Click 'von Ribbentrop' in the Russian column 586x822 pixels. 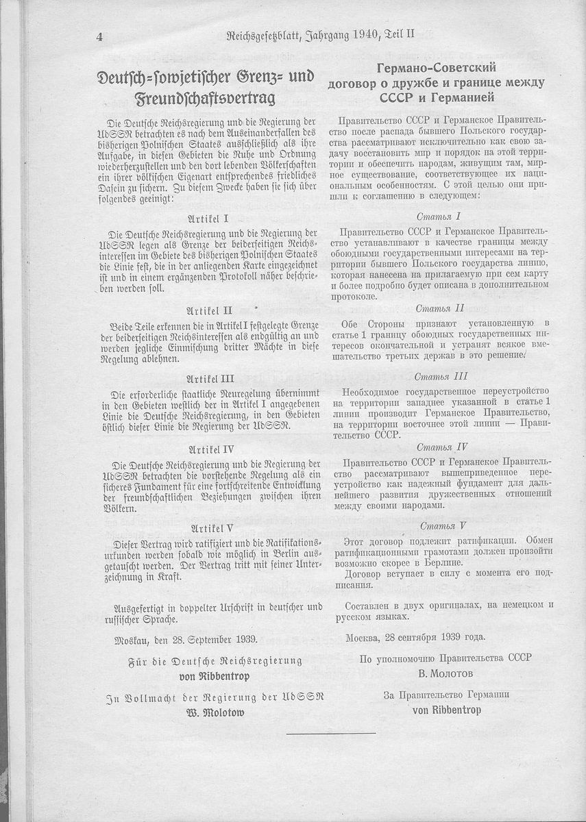446,710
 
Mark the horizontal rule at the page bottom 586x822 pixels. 331,734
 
